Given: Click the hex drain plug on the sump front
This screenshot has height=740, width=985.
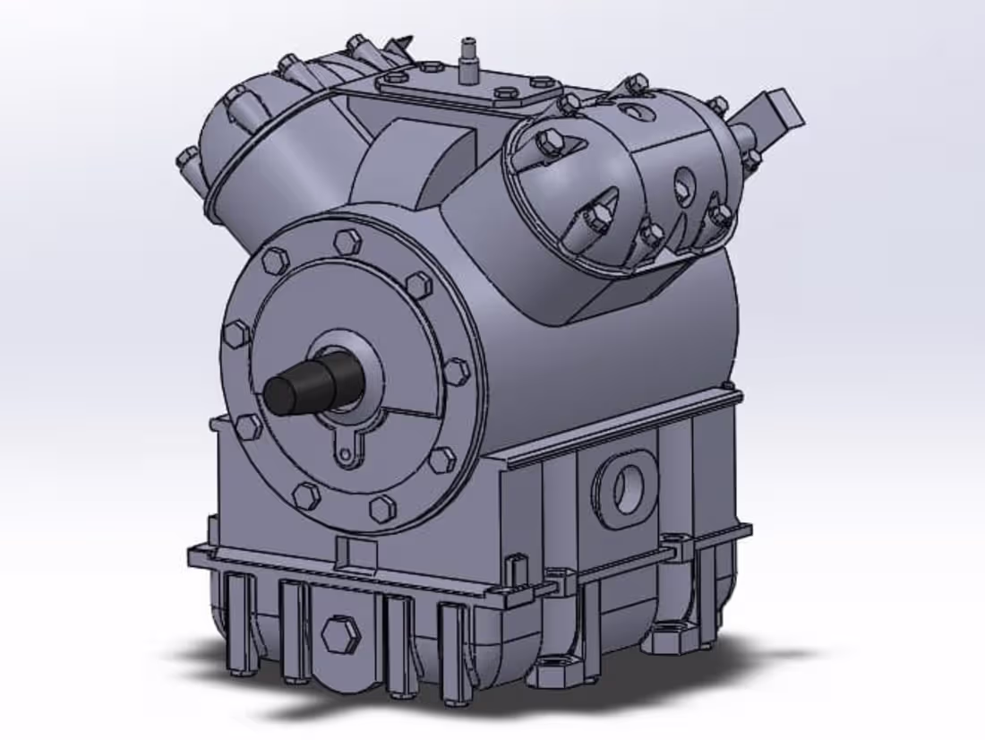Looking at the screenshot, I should point(340,634).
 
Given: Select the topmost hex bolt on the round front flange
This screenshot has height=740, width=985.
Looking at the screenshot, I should point(347,241).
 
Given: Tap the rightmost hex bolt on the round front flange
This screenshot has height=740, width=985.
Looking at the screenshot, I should point(457,371).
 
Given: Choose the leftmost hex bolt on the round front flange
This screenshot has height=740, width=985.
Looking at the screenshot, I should point(236,334).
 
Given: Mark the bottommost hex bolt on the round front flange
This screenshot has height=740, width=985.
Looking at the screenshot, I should point(382,508).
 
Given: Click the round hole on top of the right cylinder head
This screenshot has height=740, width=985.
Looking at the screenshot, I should point(635,112).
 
